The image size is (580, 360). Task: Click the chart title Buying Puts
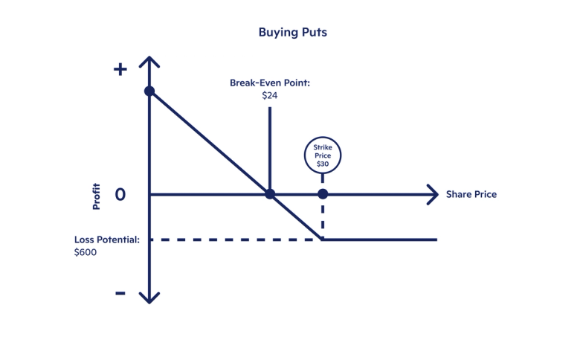pyautogui.click(x=292, y=32)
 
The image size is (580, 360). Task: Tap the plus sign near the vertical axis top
pyautogui.click(x=120, y=69)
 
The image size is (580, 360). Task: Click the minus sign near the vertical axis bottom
pyautogui.click(x=120, y=292)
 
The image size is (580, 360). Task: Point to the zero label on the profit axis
pyautogui.click(x=120, y=195)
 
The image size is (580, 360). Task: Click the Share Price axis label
pyautogui.click(x=471, y=194)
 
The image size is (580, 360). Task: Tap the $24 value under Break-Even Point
pyautogui.click(x=269, y=95)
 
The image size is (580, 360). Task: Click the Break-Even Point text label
pyautogui.click(x=269, y=83)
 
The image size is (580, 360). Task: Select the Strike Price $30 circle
pyautogui.click(x=322, y=155)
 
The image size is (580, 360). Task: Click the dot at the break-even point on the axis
pyautogui.click(x=270, y=194)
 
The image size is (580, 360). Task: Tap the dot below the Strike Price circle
pyautogui.click(x=322, y=194)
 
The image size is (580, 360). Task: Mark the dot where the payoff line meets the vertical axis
pyautogui.click(x=149, y=91)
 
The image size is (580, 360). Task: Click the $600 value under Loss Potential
pyautogui.click(x=86, y=252)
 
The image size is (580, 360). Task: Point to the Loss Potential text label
pyautogui.click(x=107, y=240)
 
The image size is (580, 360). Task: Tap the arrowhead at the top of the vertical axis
pyautogui.click(x=149, y=60)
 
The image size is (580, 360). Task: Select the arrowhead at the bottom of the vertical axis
pyautogui.click(x=149, y=298)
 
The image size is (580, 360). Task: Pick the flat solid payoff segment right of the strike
pyautogui.click(x=379, y=240)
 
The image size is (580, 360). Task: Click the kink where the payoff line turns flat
pyautogui.click(x=322, y=240)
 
